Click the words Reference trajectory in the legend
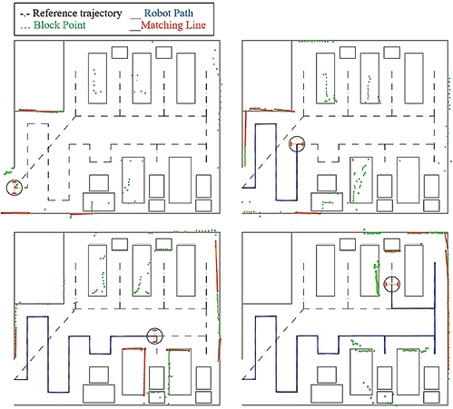pyautogui.click(x=77, y=14)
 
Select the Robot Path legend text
pyautogui.click(x=169, y=13)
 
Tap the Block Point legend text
pyautogui.click(x=60, y=25)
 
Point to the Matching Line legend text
pyautogui.click(x=173, y=25)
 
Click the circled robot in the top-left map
pyautogui.click(x=15, y=188)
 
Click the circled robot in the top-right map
pyautogui.click(x=297, y=144)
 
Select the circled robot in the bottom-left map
pyautogui.click(x=154, y=336)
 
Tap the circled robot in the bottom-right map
pyautogui.click(x=392, y=284)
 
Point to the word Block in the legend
pyautogui.click(x=46, y=25)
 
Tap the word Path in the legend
pyautogui.click(x=182, y=13)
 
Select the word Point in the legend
pyautogui.click(x=74, y=25)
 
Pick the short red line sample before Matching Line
pyautogui.click(x=135, y=30)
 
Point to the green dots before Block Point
pyautogui.click(x=25, y=28)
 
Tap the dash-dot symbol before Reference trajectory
pyautogui.click(x=25, y=15)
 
